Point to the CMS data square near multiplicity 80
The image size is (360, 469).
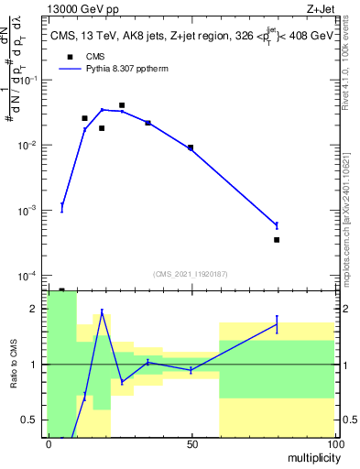point(277,240)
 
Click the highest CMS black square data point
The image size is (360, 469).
point(122,105)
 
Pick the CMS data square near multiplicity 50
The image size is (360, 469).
point(191,147)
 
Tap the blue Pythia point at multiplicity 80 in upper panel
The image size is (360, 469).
point(277,224)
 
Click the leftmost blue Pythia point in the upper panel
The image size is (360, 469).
point(62,207)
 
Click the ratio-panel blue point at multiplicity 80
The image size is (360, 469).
point(277,324)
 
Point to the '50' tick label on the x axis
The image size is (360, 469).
point(191,444)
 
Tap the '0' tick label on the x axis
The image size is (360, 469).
point(49,444)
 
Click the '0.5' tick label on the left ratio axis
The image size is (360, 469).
point(33,420)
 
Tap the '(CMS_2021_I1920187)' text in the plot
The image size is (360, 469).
point(190,273)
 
